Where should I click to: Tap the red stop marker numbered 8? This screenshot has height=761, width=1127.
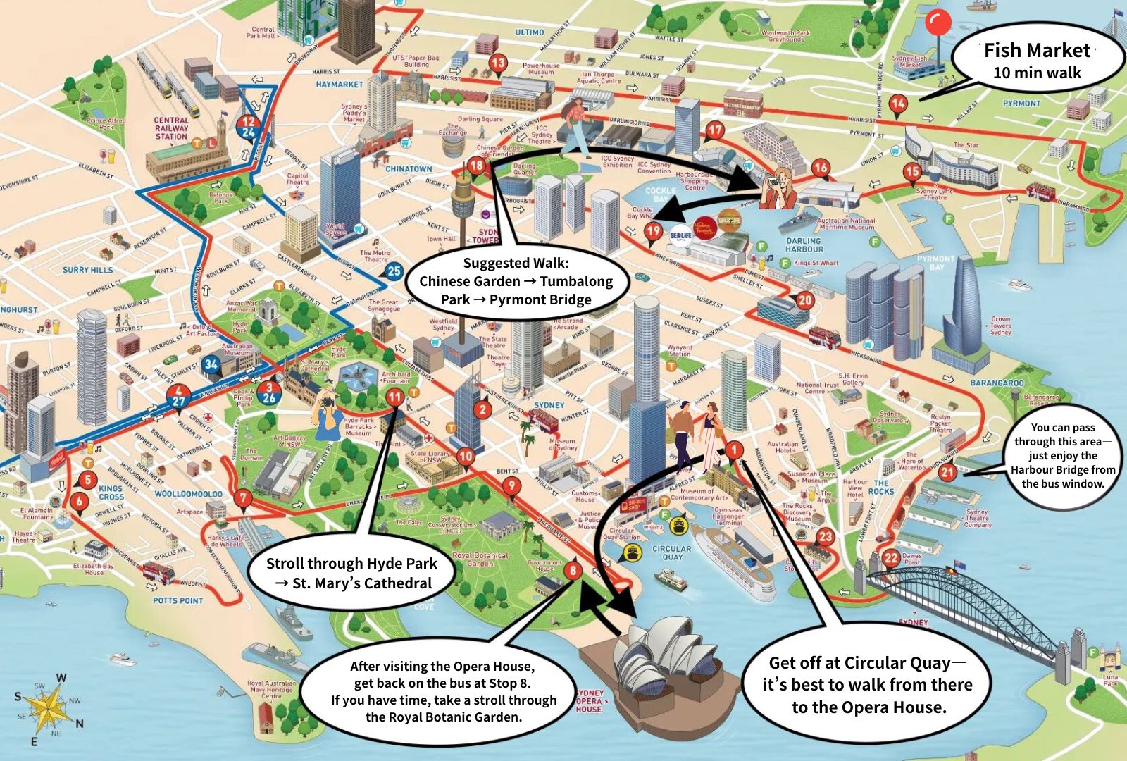[x=573, y=569]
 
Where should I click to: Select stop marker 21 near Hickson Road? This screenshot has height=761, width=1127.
[x=947, y=472]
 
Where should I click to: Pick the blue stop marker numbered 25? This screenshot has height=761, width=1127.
[x=394, y=271]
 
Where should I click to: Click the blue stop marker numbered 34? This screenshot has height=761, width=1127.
[x=211, y=364]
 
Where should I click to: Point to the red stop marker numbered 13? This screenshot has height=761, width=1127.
[x=498, y=63]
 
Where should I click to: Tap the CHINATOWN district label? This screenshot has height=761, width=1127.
[x=409, y=169]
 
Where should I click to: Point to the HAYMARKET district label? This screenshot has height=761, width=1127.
[x=340, y=85]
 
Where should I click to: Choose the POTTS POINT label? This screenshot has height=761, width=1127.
[x=178, y=600]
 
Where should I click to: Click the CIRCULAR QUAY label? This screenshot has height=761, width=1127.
[x=671, y=552]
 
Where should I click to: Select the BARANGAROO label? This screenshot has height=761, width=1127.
[x=997, y=383]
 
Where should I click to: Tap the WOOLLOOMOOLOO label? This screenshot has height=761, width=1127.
[x=188, y=494]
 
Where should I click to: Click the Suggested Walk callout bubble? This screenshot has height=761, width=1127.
[x=516, y=281]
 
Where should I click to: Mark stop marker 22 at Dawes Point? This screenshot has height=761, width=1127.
[x=891, y=557]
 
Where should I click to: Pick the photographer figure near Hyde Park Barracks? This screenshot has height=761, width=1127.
[x=326, y=416]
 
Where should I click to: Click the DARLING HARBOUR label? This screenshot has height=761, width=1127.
[x=804, y=245]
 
